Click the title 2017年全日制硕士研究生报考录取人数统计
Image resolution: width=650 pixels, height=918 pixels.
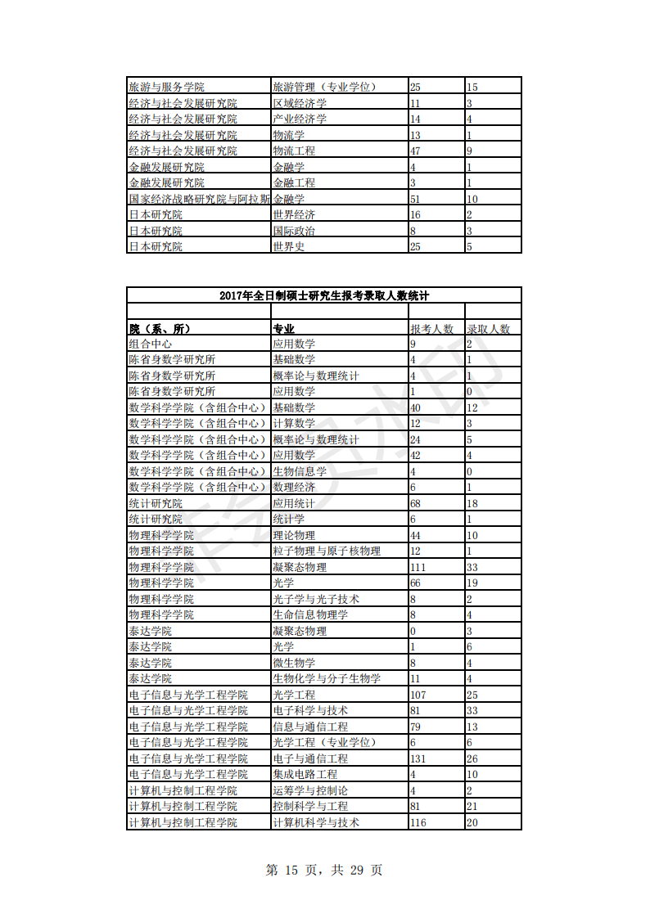point(324,295)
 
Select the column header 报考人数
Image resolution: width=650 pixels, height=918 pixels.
point(431,329)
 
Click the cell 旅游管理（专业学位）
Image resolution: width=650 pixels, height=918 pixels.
point(323,87)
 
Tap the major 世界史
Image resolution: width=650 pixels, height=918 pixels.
point(288,246)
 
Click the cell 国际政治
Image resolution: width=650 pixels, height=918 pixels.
point(293,231)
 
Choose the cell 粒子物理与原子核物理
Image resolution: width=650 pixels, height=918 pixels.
point(326,551)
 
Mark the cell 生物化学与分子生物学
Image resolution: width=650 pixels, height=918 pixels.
point(326,678)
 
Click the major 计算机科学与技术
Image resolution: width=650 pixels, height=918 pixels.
point(315,822)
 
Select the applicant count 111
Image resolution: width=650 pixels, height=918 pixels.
point(418,567)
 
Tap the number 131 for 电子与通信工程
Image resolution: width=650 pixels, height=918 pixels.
point(418,758)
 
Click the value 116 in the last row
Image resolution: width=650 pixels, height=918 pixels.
point(418,822)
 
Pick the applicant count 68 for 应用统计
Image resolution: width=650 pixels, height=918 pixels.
point(415,503)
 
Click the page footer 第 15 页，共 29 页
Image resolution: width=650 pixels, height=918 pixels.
point(324,870)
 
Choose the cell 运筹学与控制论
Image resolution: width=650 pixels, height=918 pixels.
point(309,790)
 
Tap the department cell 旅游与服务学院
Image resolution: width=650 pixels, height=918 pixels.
point(166,87)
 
